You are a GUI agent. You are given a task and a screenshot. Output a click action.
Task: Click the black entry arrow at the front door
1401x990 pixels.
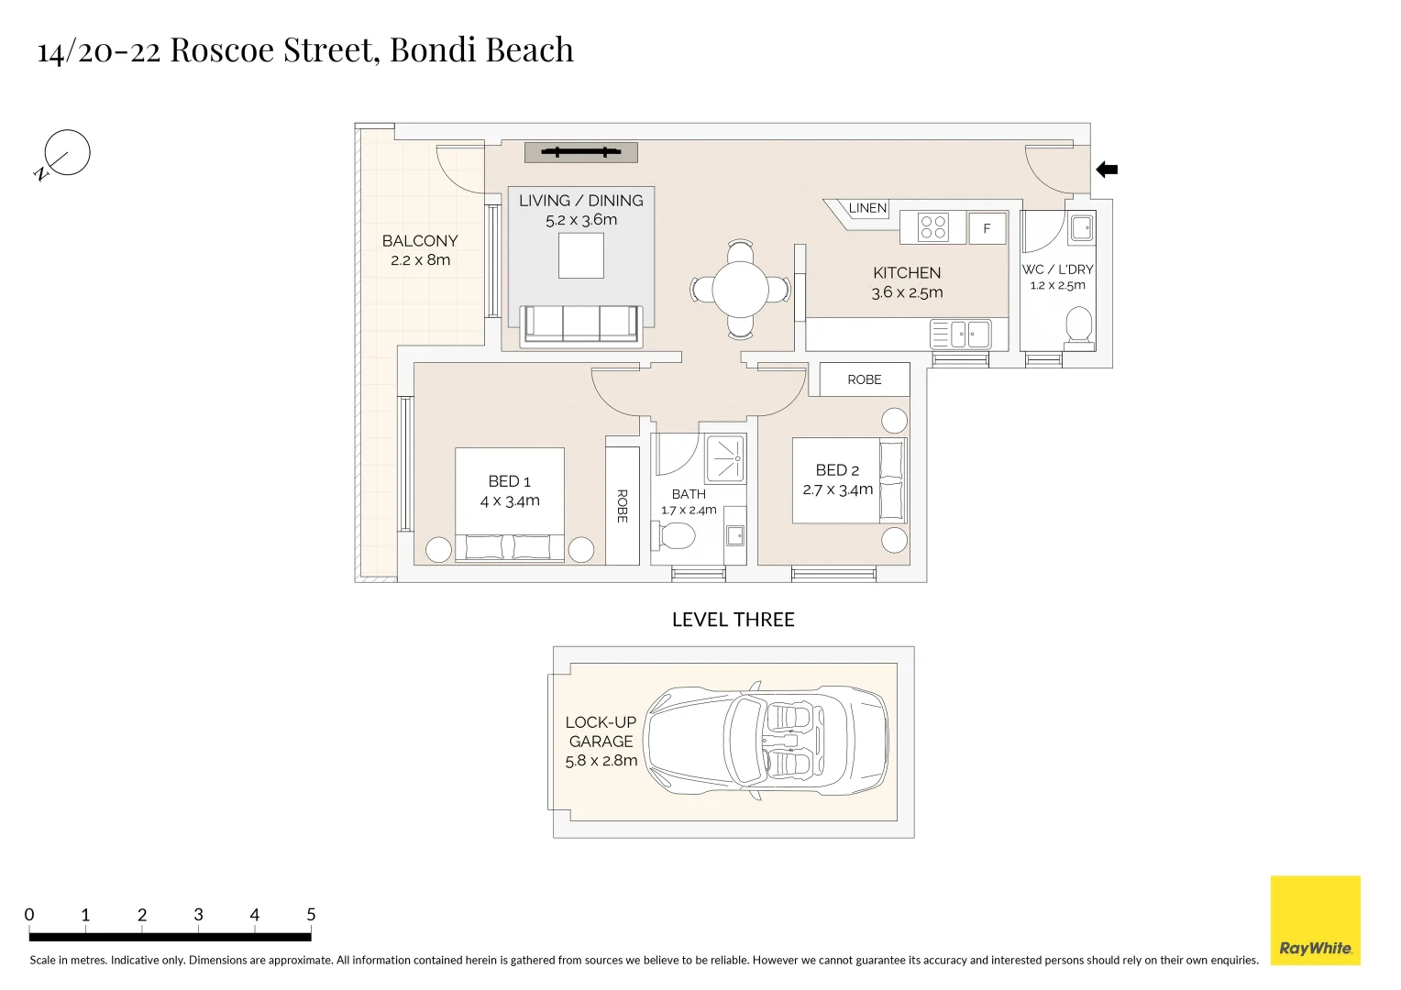(1107, 170)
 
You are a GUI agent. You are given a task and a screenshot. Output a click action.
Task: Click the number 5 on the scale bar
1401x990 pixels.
(311, 914)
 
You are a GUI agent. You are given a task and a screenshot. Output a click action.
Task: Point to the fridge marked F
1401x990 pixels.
(987, 228)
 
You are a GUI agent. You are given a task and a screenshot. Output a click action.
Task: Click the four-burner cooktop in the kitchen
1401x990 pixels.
(932, 227)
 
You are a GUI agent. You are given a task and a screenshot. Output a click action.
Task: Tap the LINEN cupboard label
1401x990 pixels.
(867, 208)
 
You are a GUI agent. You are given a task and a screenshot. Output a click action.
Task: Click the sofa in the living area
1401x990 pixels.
(581, 324)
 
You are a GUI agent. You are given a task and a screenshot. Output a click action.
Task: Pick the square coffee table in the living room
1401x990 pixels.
(581, 255)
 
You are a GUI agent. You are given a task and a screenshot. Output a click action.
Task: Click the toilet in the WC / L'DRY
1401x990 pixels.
(1079, 325)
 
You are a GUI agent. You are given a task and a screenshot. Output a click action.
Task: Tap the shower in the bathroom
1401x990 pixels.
(725, 459)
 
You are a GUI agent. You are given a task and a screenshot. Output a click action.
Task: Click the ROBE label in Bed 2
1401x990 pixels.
(865, 379)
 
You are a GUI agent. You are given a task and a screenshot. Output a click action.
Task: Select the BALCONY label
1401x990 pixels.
(420, 241)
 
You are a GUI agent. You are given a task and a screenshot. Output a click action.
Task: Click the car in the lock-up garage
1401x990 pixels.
(767, 742)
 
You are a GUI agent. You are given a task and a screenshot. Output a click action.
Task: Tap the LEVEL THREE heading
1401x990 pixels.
(733, 620)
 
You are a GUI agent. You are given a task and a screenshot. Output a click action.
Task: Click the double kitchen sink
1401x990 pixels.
(961, 334)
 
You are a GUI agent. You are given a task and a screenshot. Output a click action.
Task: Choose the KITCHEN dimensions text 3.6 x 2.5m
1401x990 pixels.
(907, 292)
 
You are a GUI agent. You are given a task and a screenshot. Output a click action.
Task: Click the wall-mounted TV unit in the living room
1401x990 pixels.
(581, 152)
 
